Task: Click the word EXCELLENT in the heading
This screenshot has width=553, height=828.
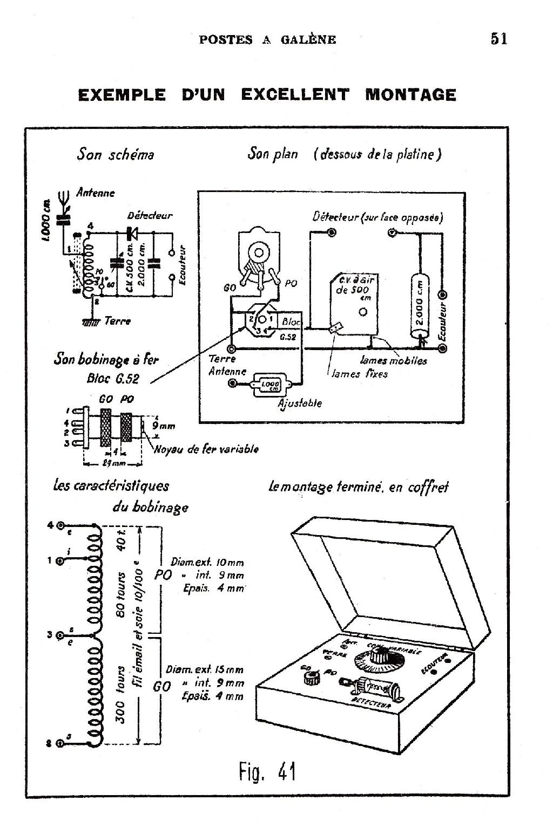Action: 295,95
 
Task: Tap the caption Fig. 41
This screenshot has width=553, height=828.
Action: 267,772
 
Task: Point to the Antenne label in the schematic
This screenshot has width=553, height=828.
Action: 96,193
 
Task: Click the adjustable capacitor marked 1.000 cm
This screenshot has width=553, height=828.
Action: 268,384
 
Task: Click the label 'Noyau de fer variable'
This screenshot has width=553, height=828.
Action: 206,449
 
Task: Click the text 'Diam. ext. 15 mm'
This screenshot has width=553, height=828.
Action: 205,670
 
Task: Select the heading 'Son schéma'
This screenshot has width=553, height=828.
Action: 116,154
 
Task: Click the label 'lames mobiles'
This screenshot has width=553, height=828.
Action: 394,360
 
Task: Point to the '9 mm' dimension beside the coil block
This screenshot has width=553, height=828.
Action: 163,426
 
